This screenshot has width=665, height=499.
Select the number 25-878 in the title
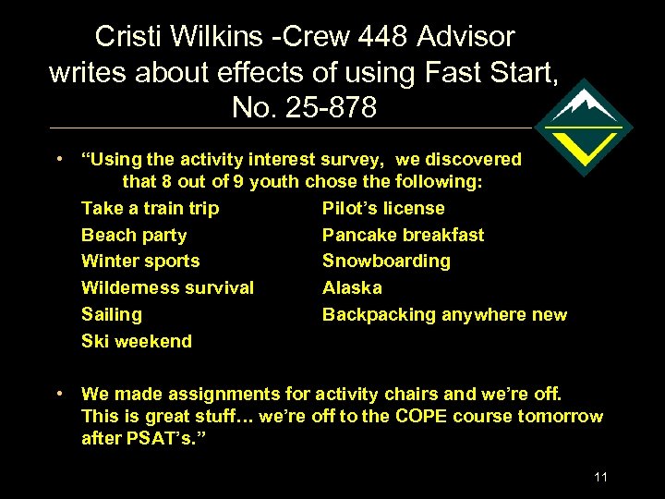point(329,108)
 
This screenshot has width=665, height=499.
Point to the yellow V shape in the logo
point(584,144)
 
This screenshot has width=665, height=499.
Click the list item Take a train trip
point(150,209)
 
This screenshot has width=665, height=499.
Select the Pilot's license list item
point(383,209)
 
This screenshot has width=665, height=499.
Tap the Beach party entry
point(134,236)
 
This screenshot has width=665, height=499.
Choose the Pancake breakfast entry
point(403,236)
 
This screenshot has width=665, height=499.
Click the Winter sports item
point(140,262)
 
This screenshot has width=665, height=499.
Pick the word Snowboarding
point(386,262)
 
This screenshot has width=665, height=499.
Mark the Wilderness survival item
point(167,288)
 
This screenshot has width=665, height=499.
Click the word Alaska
point(352,288)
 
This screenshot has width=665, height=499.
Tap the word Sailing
point(112,315)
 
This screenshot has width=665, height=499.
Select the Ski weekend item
point(137,342)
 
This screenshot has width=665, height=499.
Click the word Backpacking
point(379,315)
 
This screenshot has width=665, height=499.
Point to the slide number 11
point(601,477)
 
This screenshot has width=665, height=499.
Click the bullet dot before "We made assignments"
point(59,394)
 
